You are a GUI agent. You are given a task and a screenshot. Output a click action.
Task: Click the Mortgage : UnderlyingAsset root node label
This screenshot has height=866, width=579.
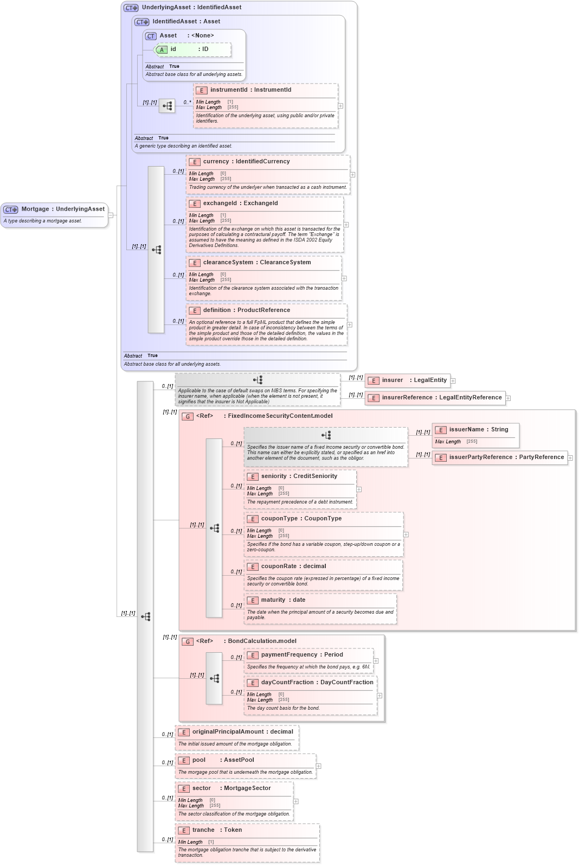[62, 209]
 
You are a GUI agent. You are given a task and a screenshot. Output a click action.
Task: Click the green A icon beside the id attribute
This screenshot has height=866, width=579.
[162, 50]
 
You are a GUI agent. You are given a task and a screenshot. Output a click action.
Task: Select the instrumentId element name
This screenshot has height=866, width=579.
[228, 90]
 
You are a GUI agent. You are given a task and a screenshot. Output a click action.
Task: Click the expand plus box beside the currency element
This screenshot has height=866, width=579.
[352, 175]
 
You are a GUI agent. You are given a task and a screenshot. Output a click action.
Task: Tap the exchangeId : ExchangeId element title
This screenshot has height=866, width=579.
[240, 203]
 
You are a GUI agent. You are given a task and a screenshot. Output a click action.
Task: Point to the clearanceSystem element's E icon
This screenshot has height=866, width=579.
[194, 263]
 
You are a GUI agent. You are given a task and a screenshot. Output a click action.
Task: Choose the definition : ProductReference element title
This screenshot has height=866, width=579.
[246, 310]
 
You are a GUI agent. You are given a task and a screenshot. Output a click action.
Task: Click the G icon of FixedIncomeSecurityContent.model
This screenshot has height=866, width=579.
[188, 417]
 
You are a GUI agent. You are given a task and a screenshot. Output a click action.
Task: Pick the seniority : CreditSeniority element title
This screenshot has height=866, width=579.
[299, 476]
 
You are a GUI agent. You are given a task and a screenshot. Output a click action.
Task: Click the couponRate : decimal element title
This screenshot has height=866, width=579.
[293, 566]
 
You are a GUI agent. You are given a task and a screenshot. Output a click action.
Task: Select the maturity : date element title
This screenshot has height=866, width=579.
[283, 600]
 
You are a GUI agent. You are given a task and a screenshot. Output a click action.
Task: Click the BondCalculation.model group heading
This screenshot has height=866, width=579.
[261, 641]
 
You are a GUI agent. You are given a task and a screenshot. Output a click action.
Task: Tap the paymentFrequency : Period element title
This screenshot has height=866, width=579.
[301, 655]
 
